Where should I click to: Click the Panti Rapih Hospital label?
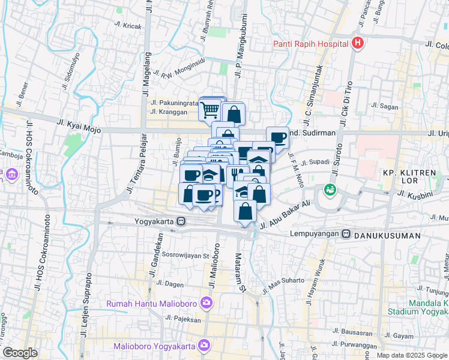pyautogui.click(x=310, y=43)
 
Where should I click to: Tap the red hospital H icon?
pyautogui.click(x=358, y=43)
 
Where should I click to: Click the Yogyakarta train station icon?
pyautogui.click(x=181, y=221)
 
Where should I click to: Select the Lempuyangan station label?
pyautogui.click(x=316, y=233)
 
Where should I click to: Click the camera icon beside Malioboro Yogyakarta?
pyautogui.click(x=204, y=346)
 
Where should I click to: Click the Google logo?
pyautogui.click(x=20, y=353)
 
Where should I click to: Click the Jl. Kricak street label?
pyautogui.click(x=127, y=26)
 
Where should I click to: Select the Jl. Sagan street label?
pyautogui.click(x=385, y=106)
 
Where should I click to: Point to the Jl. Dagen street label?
pyautogui.click(x=169, y=283)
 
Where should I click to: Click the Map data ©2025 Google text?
pyautogui.click(x=411, y=355)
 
